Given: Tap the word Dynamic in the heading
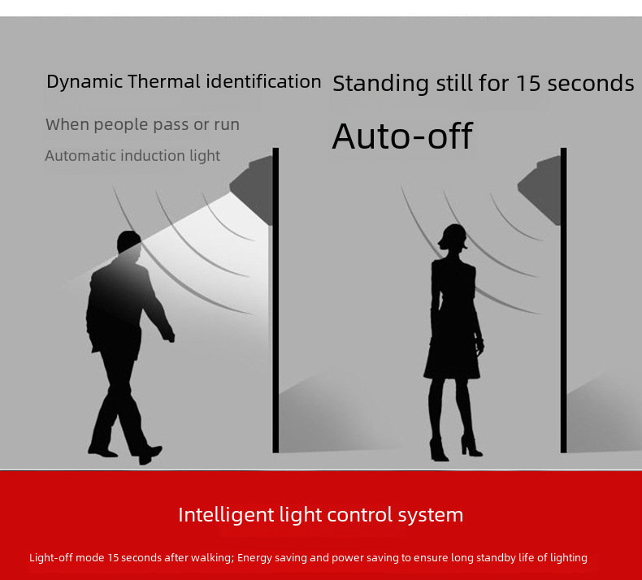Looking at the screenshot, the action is pos(85,82).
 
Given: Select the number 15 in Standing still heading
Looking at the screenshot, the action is pos(528,83).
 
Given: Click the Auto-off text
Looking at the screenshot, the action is pos(402,136).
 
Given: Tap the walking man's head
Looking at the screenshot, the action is pos(129,241).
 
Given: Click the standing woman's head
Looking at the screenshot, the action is pos(453,237).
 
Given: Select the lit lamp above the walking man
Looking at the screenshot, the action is pos(252,189).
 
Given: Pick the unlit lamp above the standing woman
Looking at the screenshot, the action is pos(540,189).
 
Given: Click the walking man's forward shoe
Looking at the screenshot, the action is pos(150,454).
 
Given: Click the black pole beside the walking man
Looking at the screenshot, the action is pos(275,300).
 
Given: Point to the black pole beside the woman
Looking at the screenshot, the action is pos(564,300).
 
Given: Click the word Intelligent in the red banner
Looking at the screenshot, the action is pos(226,515).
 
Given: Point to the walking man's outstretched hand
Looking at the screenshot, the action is pos(168,336).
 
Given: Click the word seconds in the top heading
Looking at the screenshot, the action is pos(591,84).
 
